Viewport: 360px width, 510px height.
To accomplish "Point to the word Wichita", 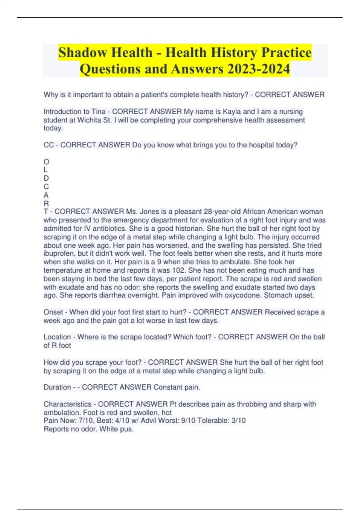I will pos(89,120).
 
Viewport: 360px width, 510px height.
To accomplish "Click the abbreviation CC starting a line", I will pos(49,145).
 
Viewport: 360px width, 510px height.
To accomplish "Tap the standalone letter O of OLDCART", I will pos(46,162).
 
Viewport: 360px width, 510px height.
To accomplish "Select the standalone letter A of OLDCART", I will pos(46,195).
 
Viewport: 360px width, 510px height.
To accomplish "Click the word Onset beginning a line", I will pos(53,312).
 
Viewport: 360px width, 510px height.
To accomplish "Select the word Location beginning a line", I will pos(57,337).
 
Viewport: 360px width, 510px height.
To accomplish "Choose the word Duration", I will pos(57,387).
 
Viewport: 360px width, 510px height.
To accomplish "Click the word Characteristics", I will pos(67,404).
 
